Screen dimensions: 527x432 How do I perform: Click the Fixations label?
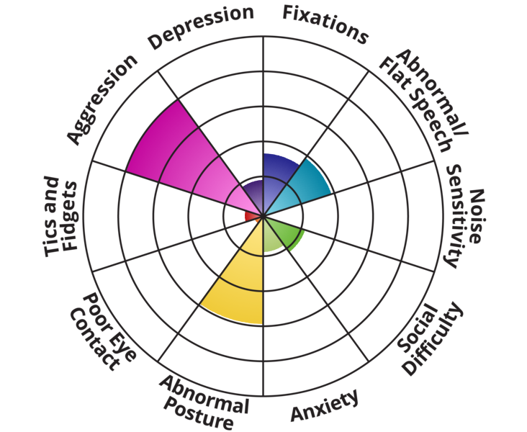325,24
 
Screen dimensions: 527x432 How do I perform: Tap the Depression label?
201,27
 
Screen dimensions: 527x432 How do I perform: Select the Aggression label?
102,99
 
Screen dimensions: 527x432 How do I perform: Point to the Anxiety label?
325,405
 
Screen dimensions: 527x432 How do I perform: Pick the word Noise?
476,216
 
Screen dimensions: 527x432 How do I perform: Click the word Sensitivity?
457,216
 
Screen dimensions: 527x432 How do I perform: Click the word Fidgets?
70,216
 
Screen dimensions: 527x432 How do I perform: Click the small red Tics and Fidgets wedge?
251,217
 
